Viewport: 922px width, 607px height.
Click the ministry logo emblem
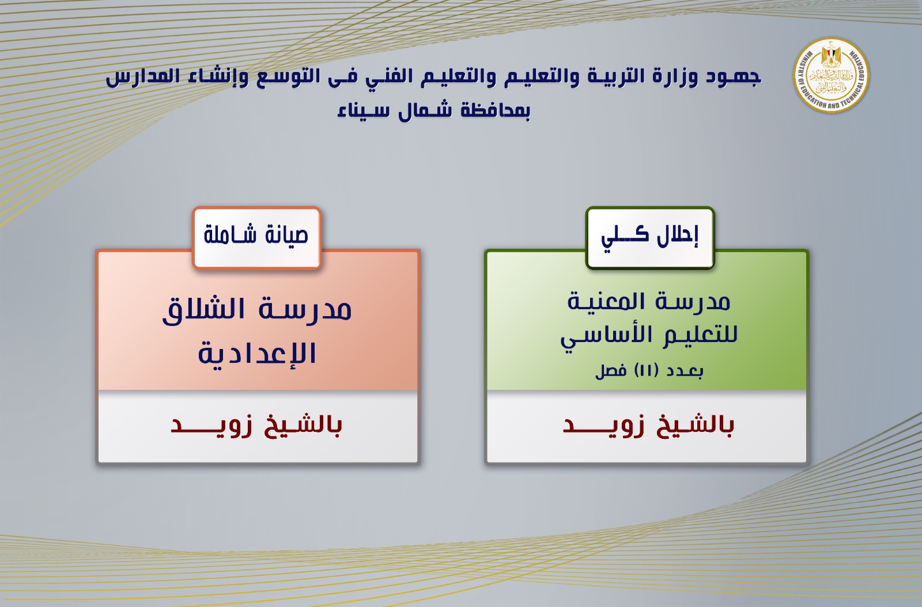pos(832,75)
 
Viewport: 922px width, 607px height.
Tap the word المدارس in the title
pos(142,77)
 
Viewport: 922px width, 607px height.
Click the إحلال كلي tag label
pos(650,237)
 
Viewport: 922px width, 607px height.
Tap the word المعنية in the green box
pos(609,301)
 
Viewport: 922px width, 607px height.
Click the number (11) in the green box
pos(646,370)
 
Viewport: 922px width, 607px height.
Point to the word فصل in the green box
pos(611,370)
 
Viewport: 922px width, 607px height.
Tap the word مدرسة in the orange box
pos(305,309)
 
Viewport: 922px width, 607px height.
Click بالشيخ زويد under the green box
pos(648,426)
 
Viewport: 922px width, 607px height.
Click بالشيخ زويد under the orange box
pos(256,426)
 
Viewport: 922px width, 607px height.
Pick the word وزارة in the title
pos(671,77)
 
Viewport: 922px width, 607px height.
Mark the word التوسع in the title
pos(288,77)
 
